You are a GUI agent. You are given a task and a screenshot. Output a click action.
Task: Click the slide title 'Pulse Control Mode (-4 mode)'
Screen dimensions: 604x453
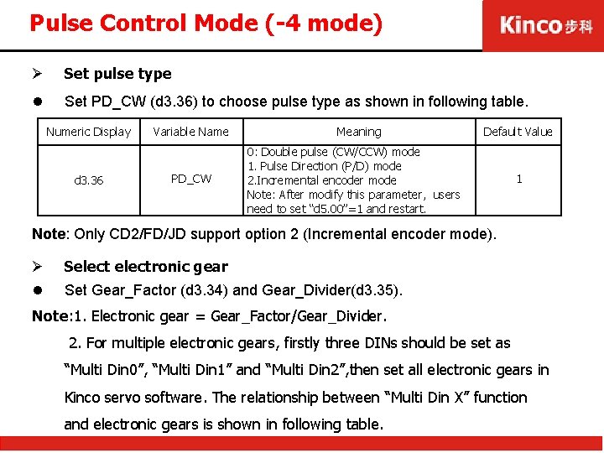[206, 23]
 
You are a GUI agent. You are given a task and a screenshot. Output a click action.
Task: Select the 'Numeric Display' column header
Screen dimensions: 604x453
[89, 132]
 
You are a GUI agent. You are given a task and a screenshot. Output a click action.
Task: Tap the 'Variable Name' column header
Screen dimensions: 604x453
[191, 132]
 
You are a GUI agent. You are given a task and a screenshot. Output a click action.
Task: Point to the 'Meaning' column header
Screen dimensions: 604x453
[358, 132]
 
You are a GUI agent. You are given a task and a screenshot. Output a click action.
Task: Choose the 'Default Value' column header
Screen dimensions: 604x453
[518, 132]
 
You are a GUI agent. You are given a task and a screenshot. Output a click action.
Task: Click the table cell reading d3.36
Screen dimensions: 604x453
[89, 180]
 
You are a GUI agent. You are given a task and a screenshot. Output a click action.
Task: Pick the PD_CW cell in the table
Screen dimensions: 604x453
[191, 179]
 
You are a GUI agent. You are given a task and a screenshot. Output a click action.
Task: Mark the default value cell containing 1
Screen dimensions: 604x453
[518, 179]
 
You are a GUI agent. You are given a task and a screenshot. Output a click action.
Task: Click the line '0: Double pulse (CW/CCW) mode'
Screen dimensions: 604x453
[334, 152]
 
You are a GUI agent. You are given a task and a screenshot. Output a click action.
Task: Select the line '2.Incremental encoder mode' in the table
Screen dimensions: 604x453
[322, 180]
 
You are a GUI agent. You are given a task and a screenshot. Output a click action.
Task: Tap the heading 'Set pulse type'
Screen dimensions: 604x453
[117, 74]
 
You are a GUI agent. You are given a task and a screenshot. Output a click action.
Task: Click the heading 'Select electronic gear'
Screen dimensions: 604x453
[146, 267]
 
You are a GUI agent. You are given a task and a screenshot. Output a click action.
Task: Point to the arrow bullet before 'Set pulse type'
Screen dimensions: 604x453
[37, 74]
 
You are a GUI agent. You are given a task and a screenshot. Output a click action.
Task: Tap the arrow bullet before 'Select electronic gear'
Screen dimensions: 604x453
[37, 267]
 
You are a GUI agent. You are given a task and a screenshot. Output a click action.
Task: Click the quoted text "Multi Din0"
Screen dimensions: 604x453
[104, 370]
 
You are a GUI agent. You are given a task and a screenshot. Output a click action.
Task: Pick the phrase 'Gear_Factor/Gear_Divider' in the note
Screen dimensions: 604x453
[298, 316]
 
